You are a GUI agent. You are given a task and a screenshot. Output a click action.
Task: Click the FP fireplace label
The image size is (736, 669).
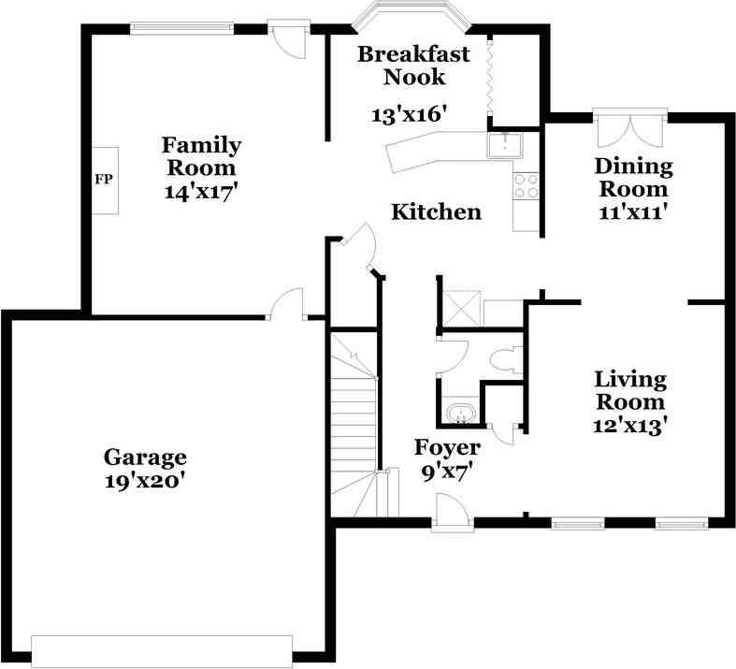[x=104, y=179]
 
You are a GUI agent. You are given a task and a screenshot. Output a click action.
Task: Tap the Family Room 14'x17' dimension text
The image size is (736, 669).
[x=198, y=192]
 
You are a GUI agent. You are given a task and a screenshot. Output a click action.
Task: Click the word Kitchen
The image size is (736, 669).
[x=437, y=211]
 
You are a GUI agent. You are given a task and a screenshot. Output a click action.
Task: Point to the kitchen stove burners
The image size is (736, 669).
[x=527, y=185]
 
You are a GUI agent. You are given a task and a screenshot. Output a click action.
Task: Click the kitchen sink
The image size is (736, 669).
[x=505, y=145]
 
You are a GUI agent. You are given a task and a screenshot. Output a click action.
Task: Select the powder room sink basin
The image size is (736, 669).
[x=460, y=414]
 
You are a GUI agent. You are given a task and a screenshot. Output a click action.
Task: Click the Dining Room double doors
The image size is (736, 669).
[x=630, y=127]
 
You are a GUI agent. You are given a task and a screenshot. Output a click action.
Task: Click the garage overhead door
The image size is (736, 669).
[x=162, y=649]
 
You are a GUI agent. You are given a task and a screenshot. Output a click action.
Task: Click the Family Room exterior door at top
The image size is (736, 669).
[x=289, y=39]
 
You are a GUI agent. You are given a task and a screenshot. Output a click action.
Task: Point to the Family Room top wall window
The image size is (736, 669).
[x=181, y=28]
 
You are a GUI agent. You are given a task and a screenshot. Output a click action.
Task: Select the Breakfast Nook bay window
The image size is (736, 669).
[x=411, y=14]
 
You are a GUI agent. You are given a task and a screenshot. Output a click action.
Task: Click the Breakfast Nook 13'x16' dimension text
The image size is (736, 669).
[x=408, y=114]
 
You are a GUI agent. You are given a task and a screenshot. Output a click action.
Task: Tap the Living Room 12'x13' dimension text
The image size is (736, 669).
[x=630, y=427]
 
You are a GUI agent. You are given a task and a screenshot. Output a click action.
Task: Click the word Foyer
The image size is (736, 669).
[x=447, y=447]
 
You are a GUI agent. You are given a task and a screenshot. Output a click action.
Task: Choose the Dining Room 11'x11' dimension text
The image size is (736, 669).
[x=633, y=212]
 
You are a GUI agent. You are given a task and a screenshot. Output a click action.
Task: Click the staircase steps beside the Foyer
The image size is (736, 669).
[x=354, y=423]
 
